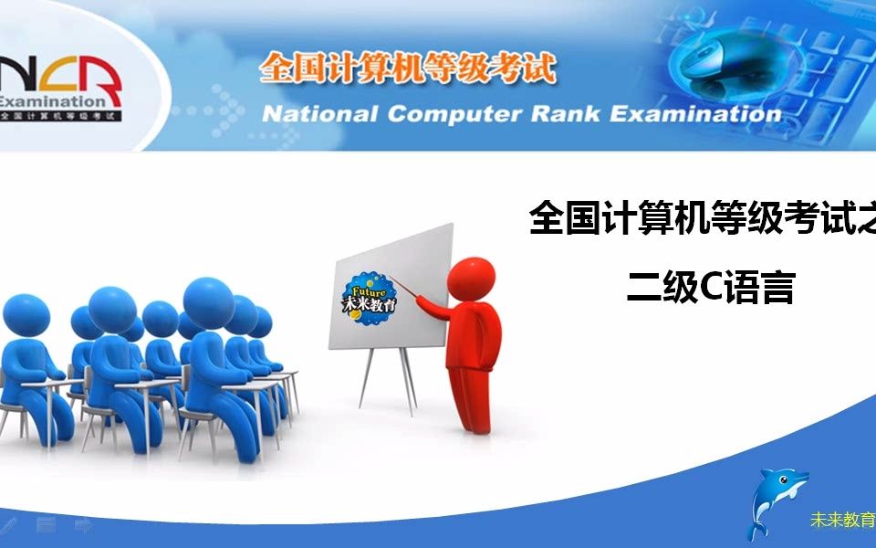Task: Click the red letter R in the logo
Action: click(x=103, y=77)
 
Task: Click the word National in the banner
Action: click(x=318, y=114)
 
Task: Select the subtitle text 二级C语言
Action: click(x=709, y=288)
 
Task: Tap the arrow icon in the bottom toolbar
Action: click(x=83, y=525)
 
